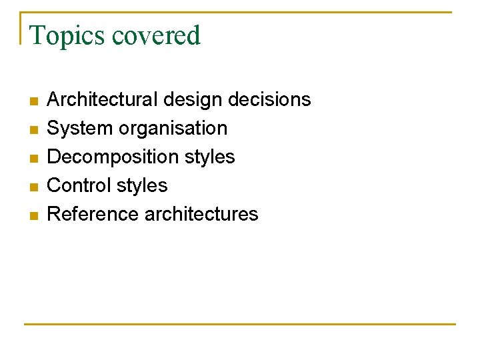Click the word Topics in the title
pyautogui.click(x=68, y=35)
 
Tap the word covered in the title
pyautogui.click(x=156, y=35)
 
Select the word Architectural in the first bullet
pyautogui.click(x=102, y=100)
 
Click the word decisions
pyautogui.click(x=269, y=100)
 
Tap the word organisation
pyautogui.click(x=171, y=128)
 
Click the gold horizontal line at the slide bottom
pyautogui.click(x=240, y=324)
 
